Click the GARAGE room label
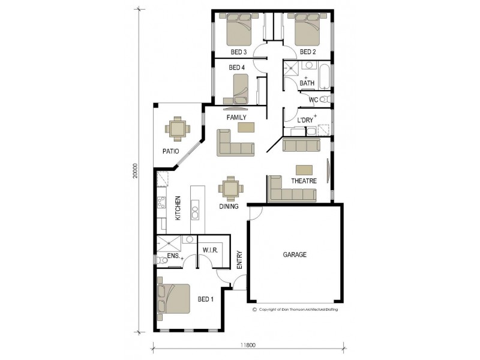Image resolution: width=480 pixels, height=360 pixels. [295, 254]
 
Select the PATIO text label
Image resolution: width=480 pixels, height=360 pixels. [171, 151]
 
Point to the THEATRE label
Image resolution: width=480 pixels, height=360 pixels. [304, 181]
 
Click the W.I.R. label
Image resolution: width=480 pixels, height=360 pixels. [210, 250]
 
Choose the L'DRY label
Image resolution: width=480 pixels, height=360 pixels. [306, 120]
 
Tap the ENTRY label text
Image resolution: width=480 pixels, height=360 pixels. [239, 259]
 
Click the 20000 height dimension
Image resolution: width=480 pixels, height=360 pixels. [136, 171]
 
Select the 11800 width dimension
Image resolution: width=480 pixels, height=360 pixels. [248, 345]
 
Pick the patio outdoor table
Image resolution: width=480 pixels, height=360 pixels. [178, 128]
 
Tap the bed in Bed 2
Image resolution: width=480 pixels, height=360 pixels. [308, 31]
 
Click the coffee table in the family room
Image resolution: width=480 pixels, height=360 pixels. [245, 127]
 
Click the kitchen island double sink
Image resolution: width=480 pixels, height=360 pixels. [196, 212]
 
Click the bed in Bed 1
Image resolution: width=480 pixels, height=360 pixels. [174, 299]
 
